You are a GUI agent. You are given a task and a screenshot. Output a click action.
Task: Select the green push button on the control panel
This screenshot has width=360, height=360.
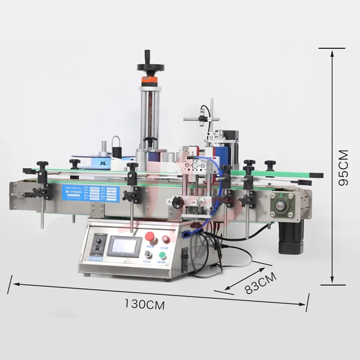(162, 255)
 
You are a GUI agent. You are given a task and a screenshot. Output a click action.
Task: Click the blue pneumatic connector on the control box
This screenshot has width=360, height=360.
(186, 233)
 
